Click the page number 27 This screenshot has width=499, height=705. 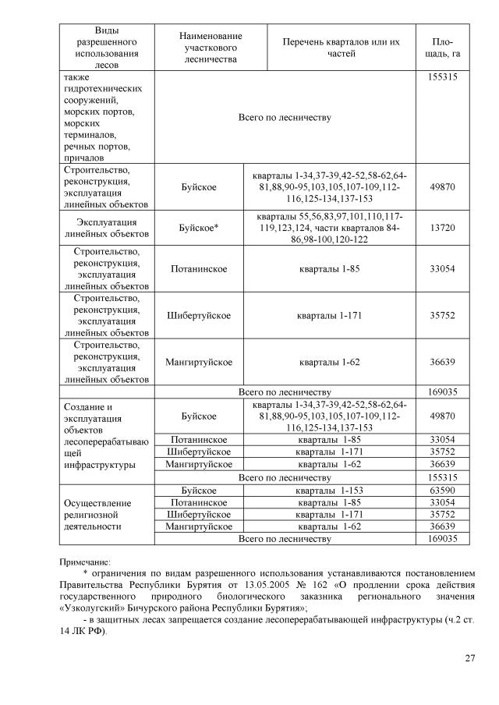click(469, 659)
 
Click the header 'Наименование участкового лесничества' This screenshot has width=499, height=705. click(211, 47)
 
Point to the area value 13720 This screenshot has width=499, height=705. click(442, 227)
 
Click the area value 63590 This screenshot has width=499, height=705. click(442, 491)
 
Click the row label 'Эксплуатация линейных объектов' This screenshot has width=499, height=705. click(105, 227)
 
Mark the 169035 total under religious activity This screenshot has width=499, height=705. click(442, 539)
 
